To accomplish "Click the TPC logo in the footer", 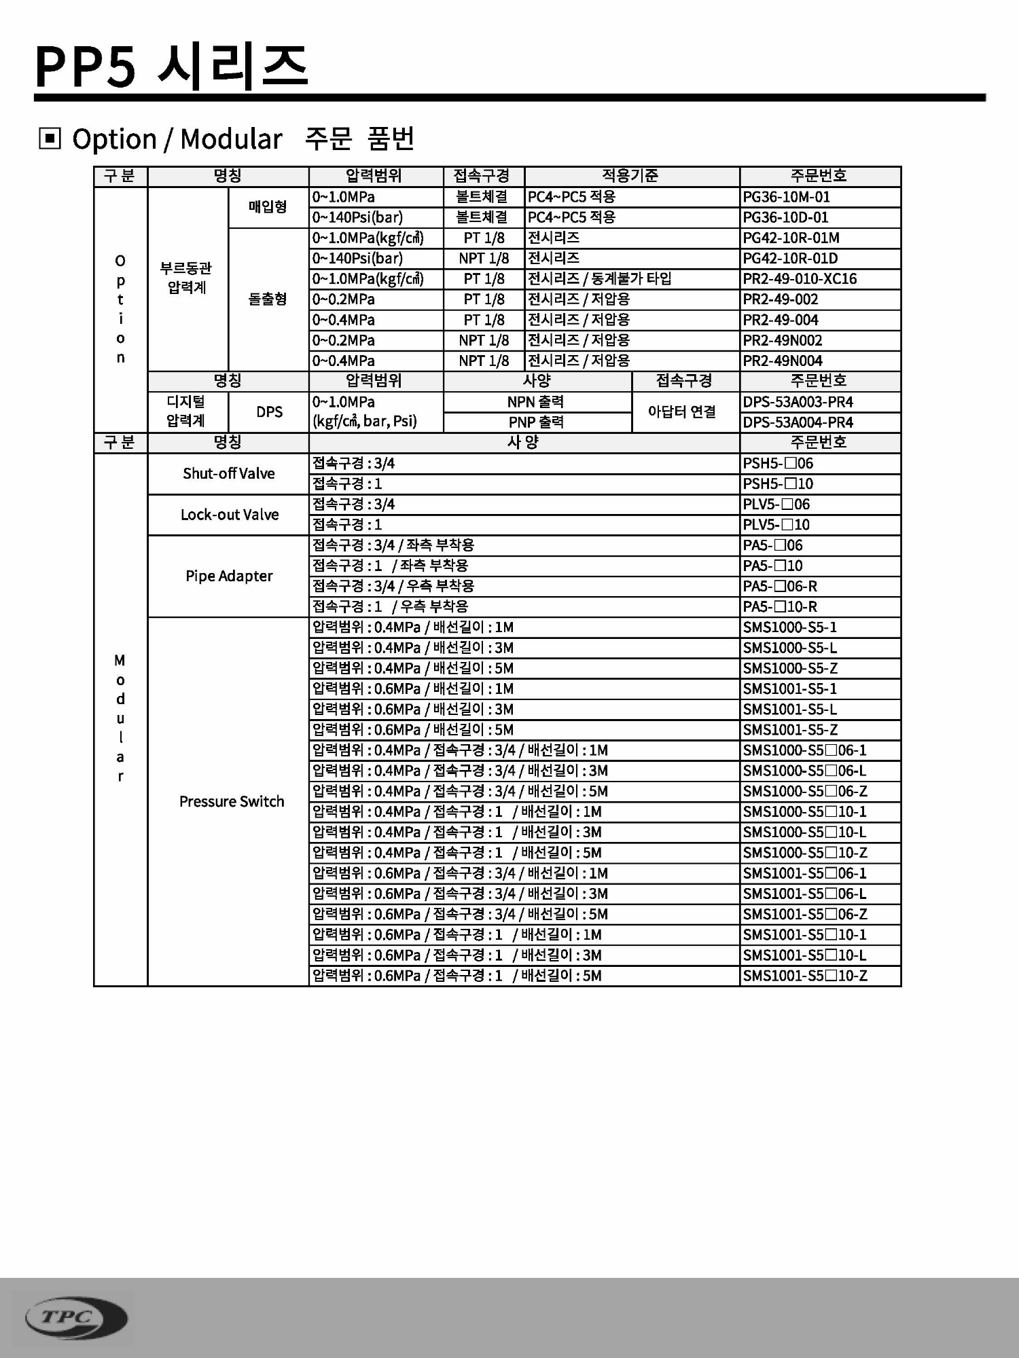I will coord(75,1318).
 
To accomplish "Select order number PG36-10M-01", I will coord(786,197).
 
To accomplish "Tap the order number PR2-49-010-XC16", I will coord(800,279).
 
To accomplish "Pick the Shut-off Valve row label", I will coord(229,473).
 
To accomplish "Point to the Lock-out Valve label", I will coord(230,515).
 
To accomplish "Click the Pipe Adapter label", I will coord(229,576).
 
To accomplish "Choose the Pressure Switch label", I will coord(232,801).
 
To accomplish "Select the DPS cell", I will coord(269,412).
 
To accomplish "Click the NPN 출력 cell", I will coord(535,402).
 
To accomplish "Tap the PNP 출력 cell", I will coord(536,422).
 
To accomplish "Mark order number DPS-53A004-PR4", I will coord(798,422).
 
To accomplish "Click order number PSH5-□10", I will coord(778,484).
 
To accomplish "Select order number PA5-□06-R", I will coord(780,586).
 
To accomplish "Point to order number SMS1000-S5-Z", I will coord(790,668).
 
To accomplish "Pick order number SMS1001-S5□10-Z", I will coord(805,976).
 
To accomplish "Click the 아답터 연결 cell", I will coord(682,411).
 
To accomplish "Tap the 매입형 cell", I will coord(268,206).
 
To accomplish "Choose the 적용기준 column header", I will coord(630,176).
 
